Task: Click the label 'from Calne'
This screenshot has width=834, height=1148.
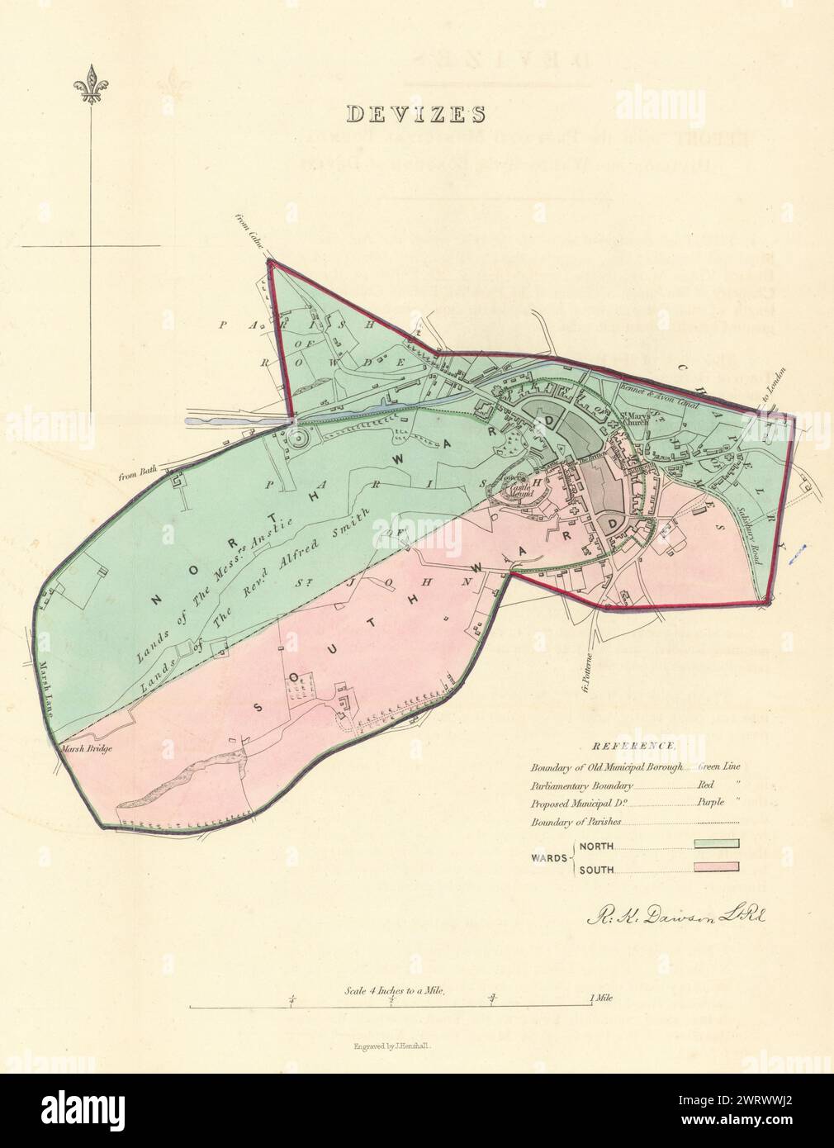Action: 248,240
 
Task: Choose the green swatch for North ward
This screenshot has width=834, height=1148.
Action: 715,843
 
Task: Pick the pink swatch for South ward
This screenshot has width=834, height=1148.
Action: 715,867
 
